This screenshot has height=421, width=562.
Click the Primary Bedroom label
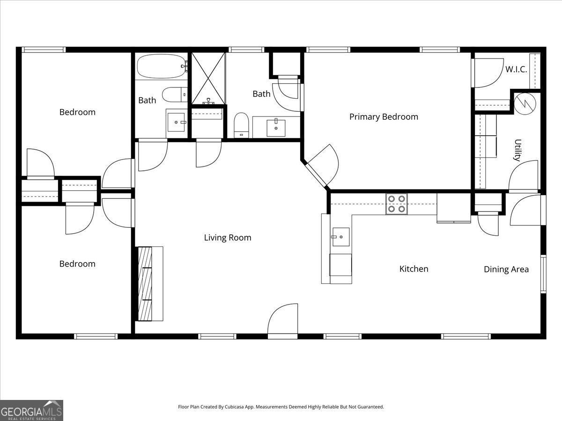pyautogui.click(x=384, y=117)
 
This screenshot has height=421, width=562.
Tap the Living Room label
pyautogui.click(x=228, y=238)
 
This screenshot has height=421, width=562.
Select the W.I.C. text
pyautogui.click(x=516, y=70)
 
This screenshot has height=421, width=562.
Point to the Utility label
pyautogui.click(x=518, y=150)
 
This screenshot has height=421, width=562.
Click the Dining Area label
pyautogui.click(x=506, y=269)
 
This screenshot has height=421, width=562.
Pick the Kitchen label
pyautogui.click(x=414, y=269)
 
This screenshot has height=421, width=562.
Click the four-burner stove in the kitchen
pyautogui.click(x=396, y=204)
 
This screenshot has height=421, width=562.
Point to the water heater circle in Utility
pyautogui.click(x=525, y=102)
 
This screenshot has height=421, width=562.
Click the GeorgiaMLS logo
pyautogui.click(x=31, y=410)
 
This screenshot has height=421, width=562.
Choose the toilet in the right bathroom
pyautogui.click(x=241, y=125)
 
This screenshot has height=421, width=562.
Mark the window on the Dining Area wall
pyautogui.click(x=543, y=274)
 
